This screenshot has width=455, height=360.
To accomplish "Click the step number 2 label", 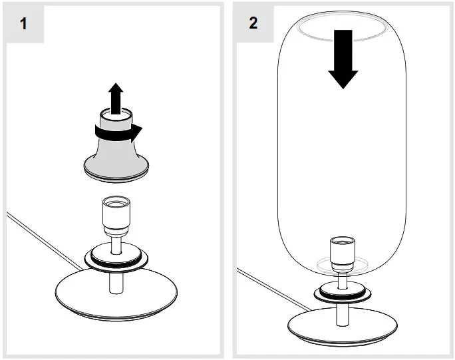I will tap(253, 23).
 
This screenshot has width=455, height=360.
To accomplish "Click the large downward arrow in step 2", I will tap(343, 67).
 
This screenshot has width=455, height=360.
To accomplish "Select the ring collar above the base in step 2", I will tap(343, 291).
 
